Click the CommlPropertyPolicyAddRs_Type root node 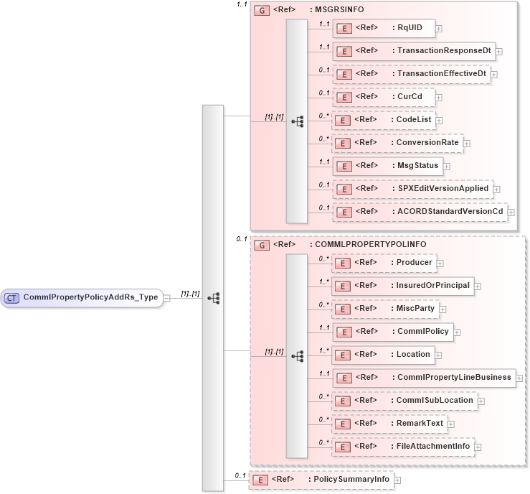click(82, 297)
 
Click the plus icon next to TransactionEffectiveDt click(494, 74)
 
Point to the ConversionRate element click(398, 143)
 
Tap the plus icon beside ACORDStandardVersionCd click(511, 212)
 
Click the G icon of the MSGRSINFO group click(262, 11)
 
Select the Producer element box click(387, 263)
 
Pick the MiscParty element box click(388, 309)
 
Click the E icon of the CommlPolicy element click(345, 332)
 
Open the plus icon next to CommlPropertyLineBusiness click(519, 378)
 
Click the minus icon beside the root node click(166, 297)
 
